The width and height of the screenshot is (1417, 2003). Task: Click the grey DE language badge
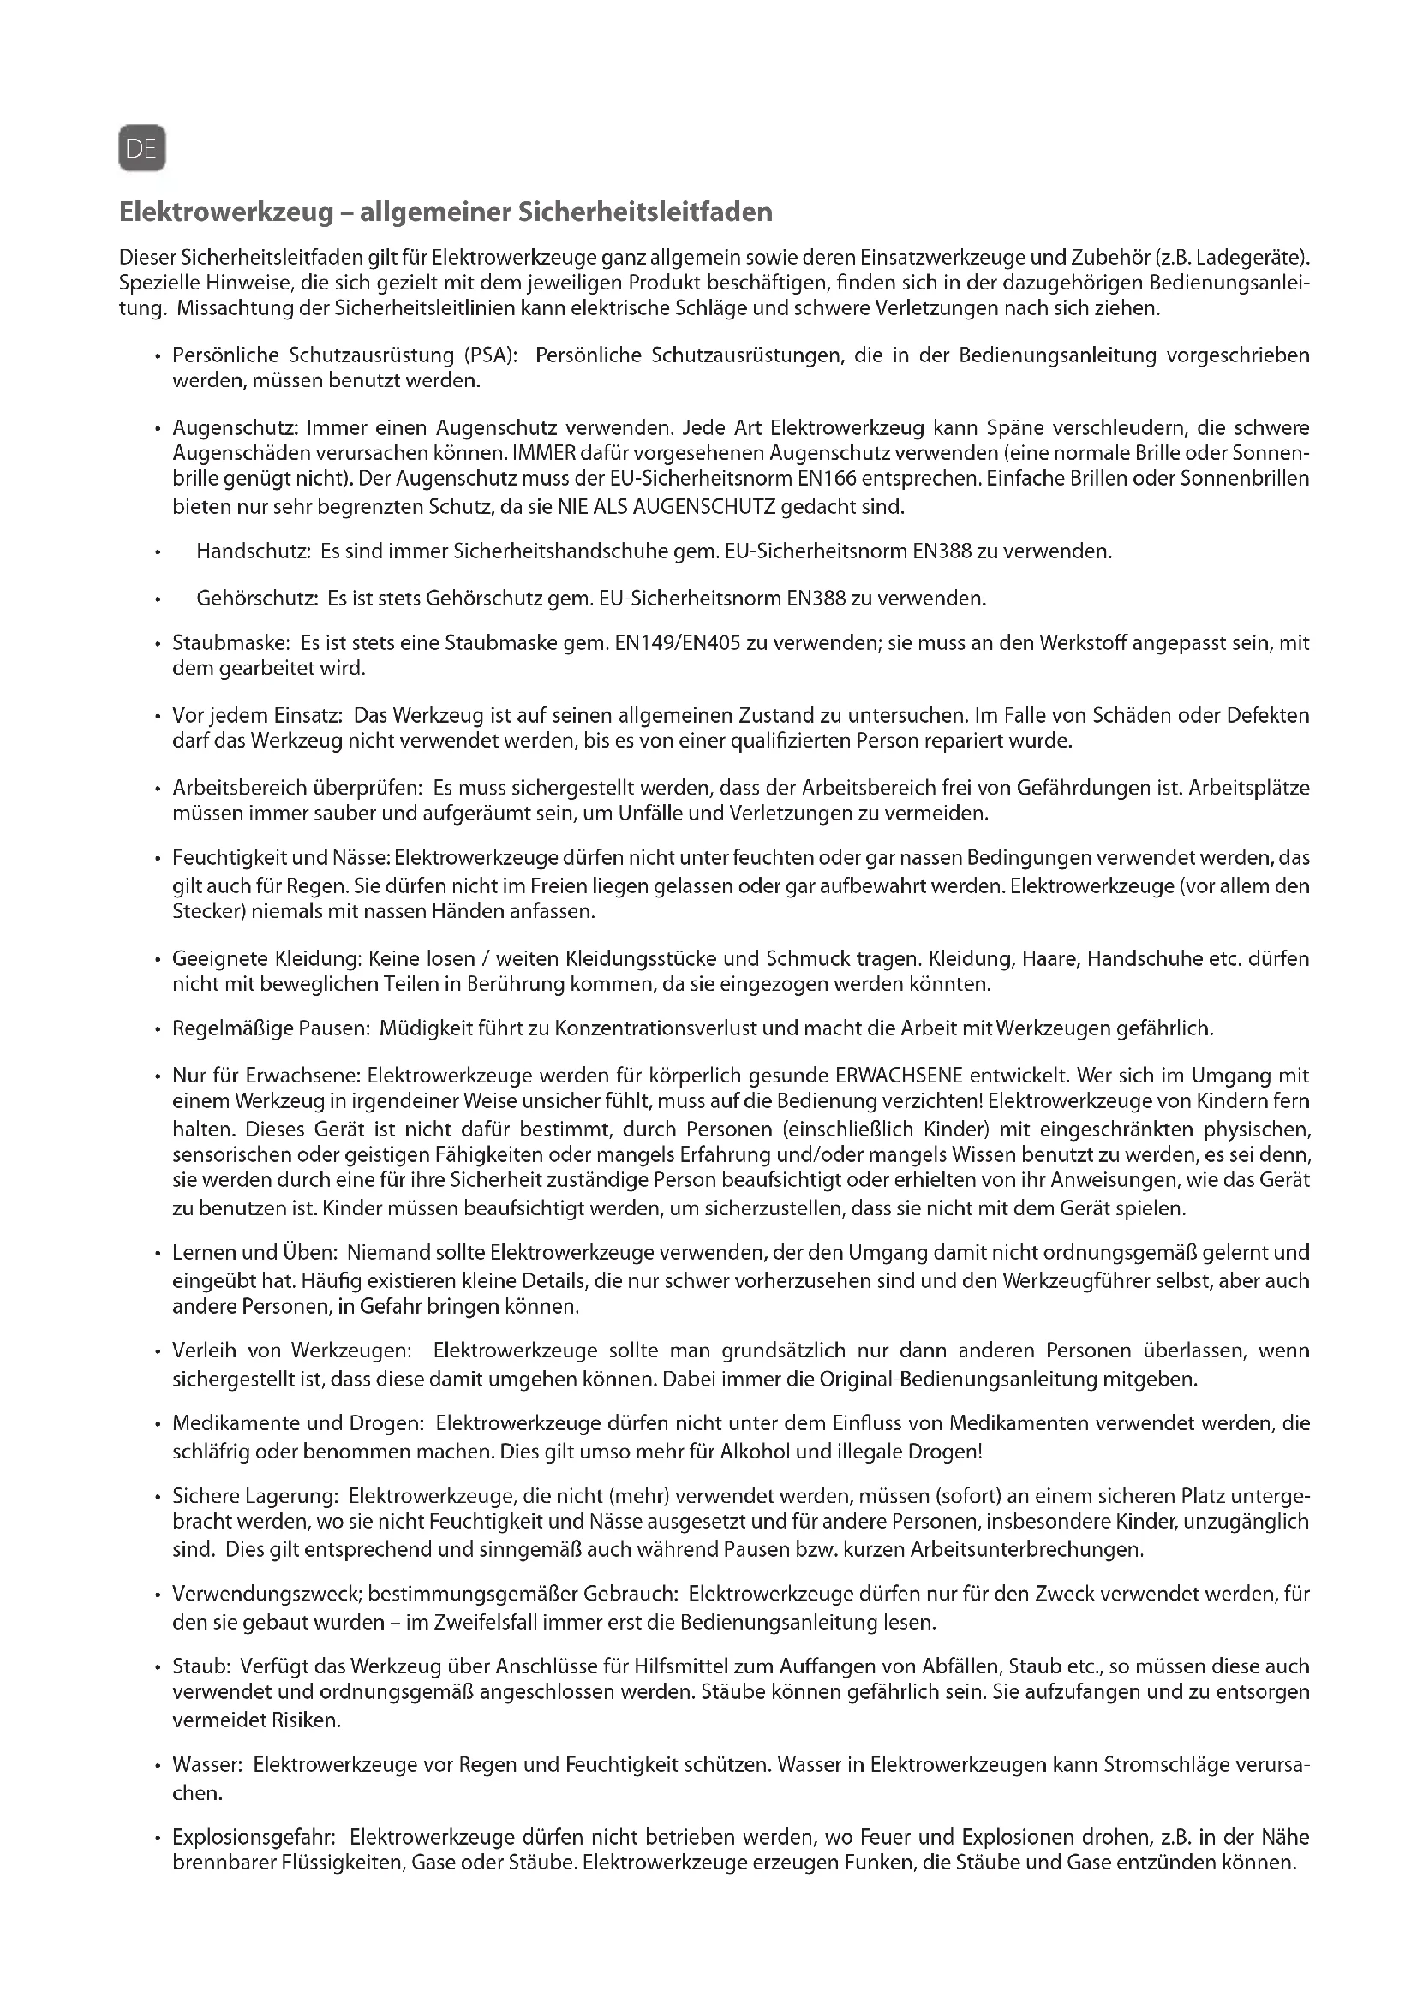[141, 149]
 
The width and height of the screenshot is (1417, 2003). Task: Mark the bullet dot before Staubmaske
[157, 644]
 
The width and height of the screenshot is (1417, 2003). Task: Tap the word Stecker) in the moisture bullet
[206, 912]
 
